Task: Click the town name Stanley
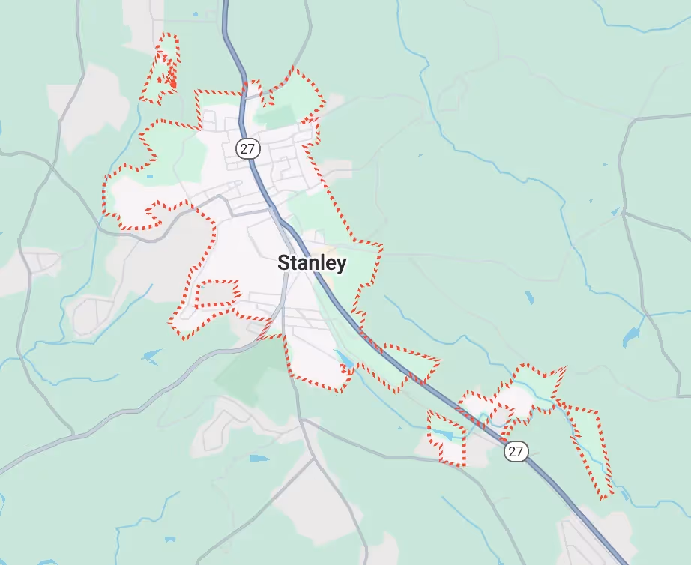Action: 312,263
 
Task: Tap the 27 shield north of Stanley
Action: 247,148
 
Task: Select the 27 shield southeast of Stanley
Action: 516,451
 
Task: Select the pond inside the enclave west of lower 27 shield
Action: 442,434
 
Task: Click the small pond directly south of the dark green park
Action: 258,457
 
